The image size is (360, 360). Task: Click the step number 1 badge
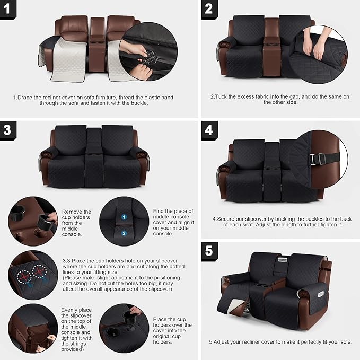(8, 8)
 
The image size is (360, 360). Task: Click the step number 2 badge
(208, 8)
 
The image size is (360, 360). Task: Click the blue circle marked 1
(123, 217)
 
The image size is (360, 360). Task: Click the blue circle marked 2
(123, 233)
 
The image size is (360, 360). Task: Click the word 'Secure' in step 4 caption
(227, 219)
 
